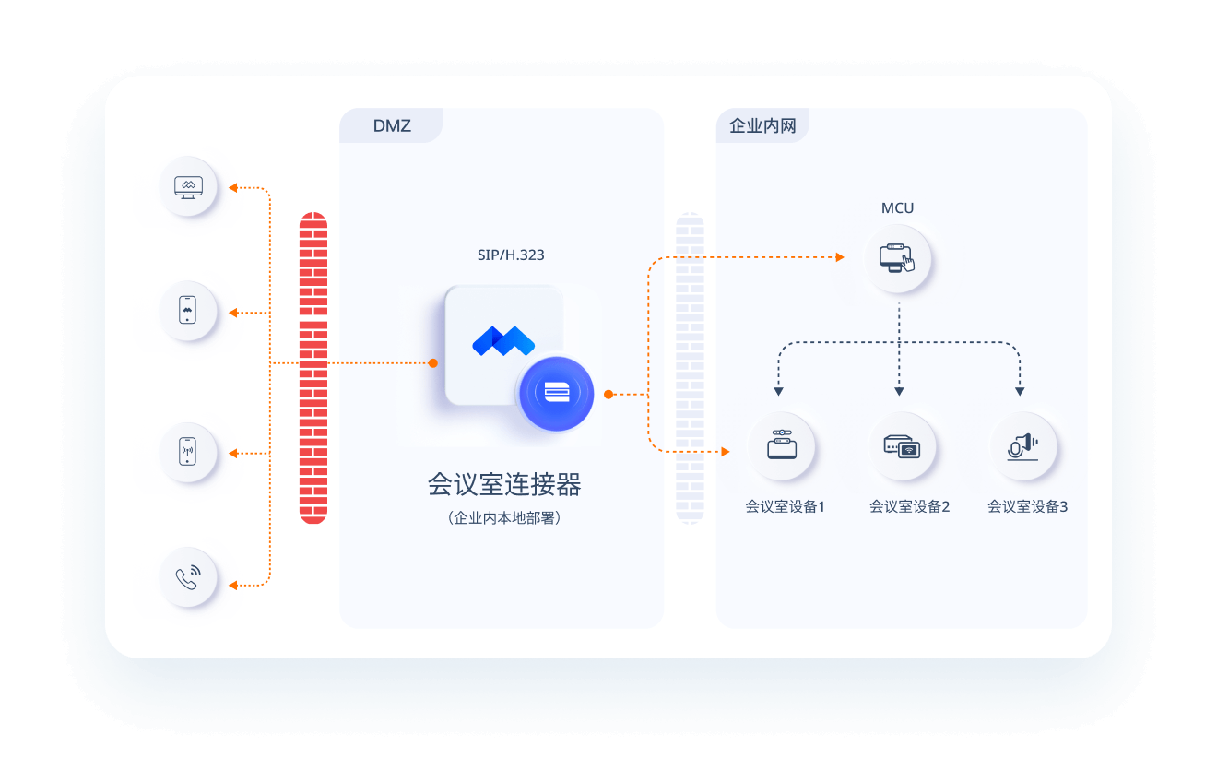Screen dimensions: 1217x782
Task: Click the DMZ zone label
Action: pyautogui.click(x=392, y=126)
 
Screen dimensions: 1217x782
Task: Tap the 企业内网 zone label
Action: pyautogui.click(x=762, y=126)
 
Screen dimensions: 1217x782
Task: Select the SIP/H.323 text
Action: pyautogui.click(x=511, y=255)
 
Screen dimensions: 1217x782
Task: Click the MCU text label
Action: pyautogui.click(x=897, y=208)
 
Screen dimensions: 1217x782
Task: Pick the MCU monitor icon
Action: pyautogui.click(x=897, y=258)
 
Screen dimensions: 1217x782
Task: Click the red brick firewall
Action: pyautogui.click(x=313, y=368)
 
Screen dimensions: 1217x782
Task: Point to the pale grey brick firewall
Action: pyautogui.click(x=690, y=368)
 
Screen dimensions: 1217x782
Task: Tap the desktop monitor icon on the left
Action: pyautogui.click(x=188, y=187)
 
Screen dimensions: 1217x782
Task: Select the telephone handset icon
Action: pyautogui.click(x=188, y=577)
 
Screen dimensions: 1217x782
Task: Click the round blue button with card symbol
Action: pyautogui.click(x=556, y=394)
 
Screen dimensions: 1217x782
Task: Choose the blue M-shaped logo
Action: pyautogui.click(x=503, y=341)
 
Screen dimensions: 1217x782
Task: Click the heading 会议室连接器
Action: pyautogui.click(x=504, y=484)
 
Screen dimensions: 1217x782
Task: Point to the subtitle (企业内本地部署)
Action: pyautogui.click(x=504, y=518)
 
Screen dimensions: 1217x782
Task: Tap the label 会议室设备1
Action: pyautogui.click(x=786, y=507)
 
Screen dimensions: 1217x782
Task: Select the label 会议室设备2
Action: pyautogui.click(x=909, y=507)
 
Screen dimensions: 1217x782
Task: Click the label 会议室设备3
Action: pyautogui.click(x=1027, y=507)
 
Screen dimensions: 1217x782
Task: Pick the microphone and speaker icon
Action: pyautogui.click(x=1022, y=447)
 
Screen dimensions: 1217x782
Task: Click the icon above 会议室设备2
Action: pyautogui.click(x=902, y=446)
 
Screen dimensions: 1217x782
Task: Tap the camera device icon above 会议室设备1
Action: pyautogui.click(x=782, y=444)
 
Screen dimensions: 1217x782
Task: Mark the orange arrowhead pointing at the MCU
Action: pyautogui.click(x=840, y=257)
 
